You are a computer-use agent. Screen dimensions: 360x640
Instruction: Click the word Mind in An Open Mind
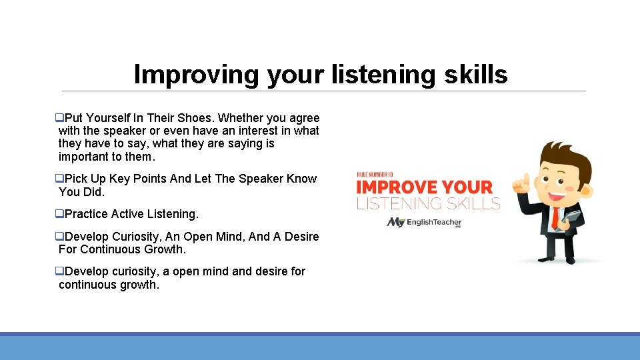[x=229, y=237]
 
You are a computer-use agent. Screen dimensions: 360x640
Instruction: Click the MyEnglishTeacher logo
[x=424, y=222]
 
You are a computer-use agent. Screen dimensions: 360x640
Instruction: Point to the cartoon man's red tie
[x=555, y=217]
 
